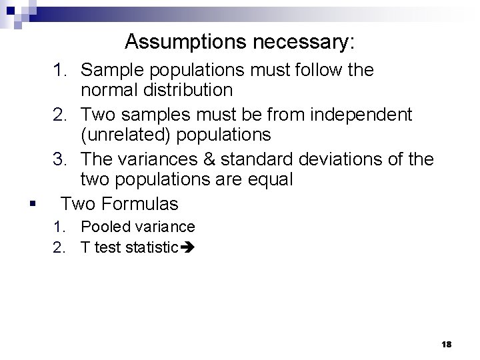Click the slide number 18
(x=446, y=344)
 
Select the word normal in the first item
(x=110, y=89)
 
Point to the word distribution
(x=187, y=89)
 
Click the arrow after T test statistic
(x=187, y=248)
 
